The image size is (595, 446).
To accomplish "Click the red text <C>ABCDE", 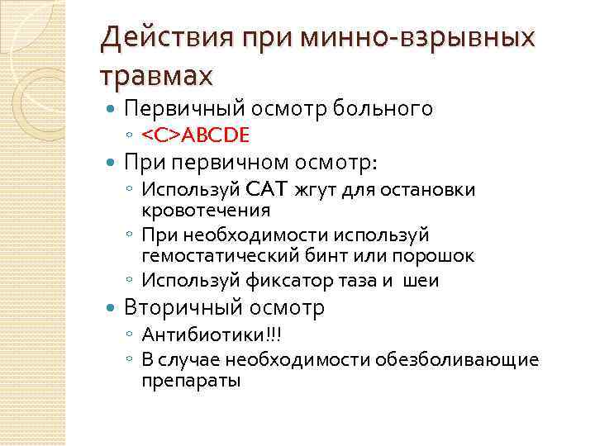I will [195, 134].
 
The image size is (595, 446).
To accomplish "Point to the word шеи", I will [421, 281].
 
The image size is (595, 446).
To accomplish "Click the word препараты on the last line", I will [192, 381].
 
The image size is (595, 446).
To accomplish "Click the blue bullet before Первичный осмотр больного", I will [112, 108].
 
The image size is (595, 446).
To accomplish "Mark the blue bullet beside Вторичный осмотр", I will [112, 309].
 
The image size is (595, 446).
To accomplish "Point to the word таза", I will [360, 281].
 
